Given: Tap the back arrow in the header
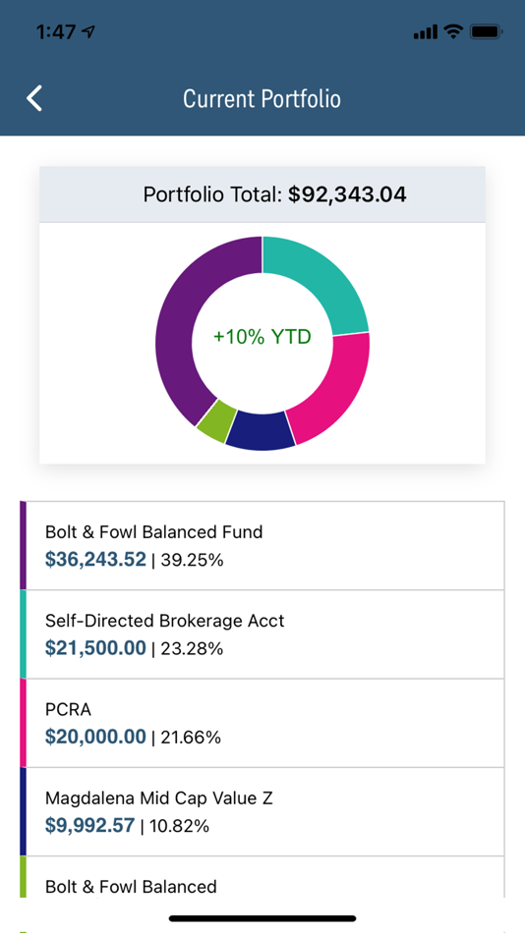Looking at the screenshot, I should (x=34, y=98).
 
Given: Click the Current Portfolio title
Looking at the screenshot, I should (x=262, y=99).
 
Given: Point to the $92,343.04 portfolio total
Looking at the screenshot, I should (x=347, y=194).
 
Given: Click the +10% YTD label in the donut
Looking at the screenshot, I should (x=262, y=337).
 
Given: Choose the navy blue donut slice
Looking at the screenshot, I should (x=261, y=430).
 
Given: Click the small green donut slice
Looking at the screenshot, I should (x=215, y=419).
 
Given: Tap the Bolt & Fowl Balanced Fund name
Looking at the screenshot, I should (x=153, y=532).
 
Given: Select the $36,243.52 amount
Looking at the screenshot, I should (x=95, y=560).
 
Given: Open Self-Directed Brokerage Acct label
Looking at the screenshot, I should (x=164, y=621).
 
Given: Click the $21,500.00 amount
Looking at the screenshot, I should (x=95, y=648).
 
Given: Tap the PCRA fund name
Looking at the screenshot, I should (x=67, y=709).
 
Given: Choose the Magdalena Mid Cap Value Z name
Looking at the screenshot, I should (x=158, y=797).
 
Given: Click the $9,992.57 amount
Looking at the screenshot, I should (x=89, y=825).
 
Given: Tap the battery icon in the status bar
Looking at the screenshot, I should (x=487, y=31).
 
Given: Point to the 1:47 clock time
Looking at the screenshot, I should (x=56, y=31).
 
